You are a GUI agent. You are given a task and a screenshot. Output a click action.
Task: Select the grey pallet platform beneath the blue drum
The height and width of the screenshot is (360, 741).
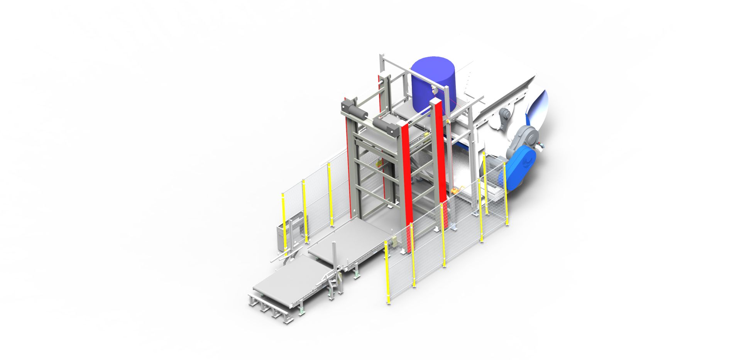tap(409, 112)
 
